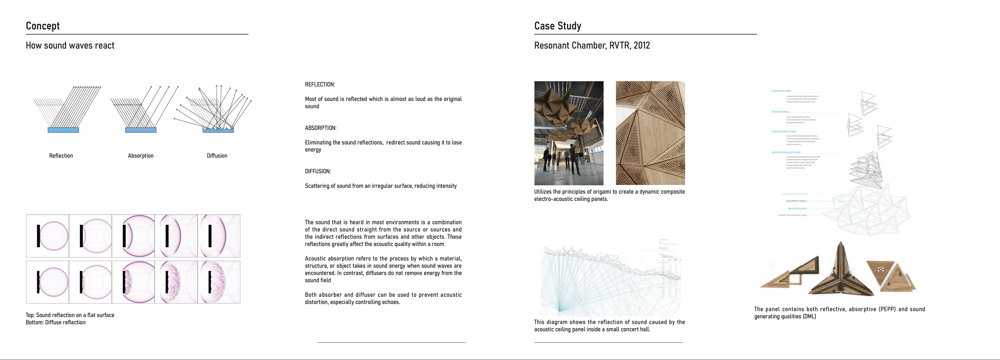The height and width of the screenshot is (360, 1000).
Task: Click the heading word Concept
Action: click(43, 26)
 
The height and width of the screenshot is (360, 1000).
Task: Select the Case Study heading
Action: click(557, 26)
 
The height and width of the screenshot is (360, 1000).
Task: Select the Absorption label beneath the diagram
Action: click(140, 156)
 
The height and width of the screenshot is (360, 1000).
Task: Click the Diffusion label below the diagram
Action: click(217, 156)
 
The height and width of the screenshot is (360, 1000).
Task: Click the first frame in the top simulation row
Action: click(47, 236)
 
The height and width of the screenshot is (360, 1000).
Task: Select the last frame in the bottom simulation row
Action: click(219, 282)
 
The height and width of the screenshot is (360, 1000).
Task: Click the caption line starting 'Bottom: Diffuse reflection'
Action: click(56, 322)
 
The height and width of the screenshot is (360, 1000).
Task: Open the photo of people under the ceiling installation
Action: click(569, 133)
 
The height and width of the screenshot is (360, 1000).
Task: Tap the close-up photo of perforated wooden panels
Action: click(650, 133)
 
